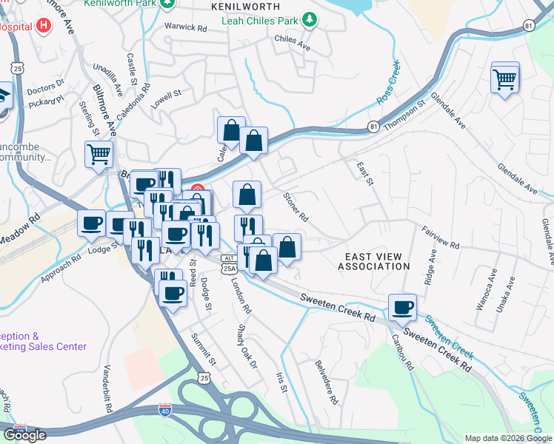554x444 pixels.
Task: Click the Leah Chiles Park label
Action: point(262,21)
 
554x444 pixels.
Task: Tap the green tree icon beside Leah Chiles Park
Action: point(313,21)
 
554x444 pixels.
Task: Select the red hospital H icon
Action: point(44,25)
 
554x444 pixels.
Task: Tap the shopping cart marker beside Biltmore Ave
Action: point(99,155)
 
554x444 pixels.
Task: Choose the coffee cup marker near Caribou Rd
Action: point(402,307)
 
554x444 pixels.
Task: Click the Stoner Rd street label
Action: point(296,206)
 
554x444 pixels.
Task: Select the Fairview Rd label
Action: point(441,238)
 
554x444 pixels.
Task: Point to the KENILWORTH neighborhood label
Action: point(245,7)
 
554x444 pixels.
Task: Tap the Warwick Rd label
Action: point(185,28)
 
